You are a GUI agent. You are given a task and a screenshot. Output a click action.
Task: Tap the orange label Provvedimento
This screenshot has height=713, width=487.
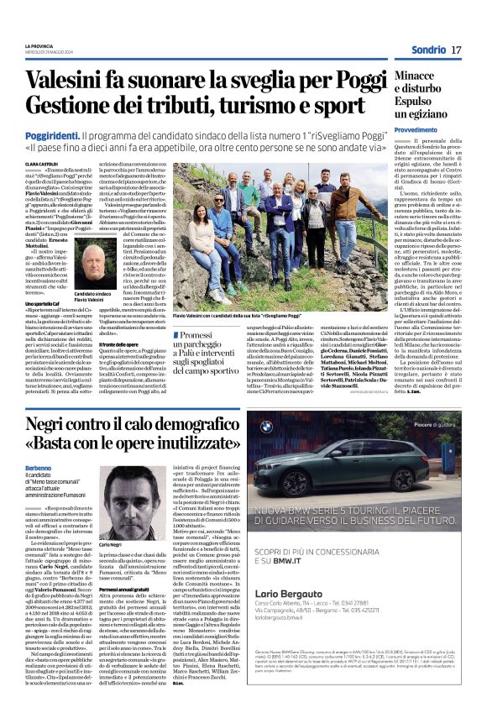coord(415,130)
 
